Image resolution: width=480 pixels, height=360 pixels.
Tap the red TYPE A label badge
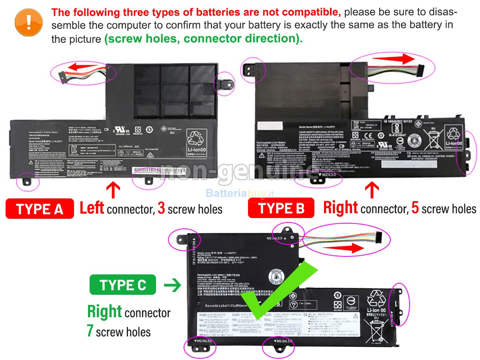pos(40,209)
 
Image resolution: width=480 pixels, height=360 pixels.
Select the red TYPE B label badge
pos(282,208)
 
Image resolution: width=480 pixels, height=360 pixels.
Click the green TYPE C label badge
pos(123,285)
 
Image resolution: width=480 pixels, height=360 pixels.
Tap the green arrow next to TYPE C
pos(172,286)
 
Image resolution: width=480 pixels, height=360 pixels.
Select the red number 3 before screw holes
pos(161,208)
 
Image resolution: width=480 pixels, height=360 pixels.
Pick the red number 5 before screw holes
pos(415,208)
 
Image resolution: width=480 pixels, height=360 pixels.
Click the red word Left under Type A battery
pos(92,208)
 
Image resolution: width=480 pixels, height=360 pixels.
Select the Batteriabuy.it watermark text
pos(239,194)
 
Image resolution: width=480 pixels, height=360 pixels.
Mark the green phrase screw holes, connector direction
pos(203,39)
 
